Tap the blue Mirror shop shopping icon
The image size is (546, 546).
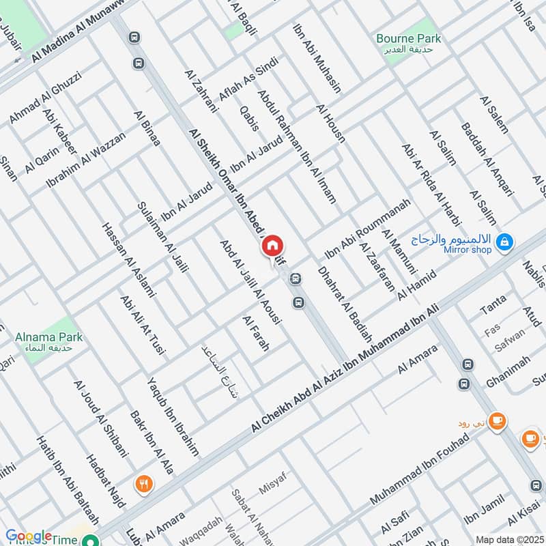505,241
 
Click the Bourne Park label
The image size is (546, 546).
409,39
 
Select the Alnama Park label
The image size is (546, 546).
49,336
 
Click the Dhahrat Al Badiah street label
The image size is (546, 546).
345,303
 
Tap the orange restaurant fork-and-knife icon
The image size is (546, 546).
143,484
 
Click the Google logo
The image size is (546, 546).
29,536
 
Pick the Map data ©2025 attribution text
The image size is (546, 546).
508,539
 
